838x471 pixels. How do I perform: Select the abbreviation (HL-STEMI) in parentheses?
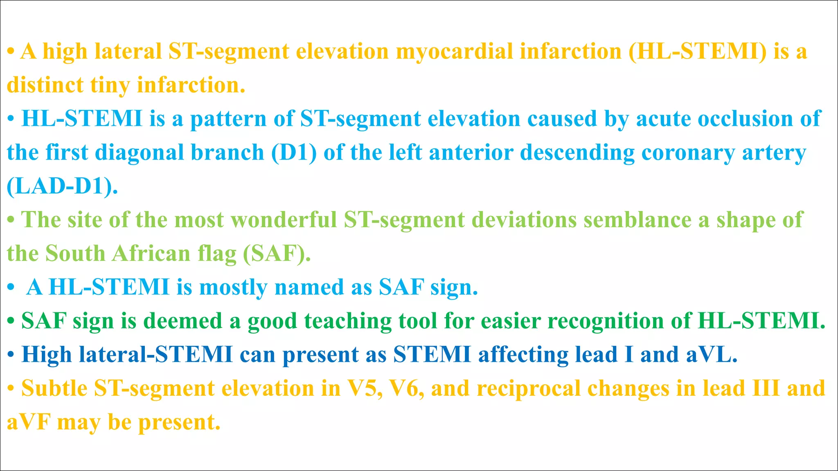697,52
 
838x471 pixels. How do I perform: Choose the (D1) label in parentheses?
294,153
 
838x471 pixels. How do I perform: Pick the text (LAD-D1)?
62,186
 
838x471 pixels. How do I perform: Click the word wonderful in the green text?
284,220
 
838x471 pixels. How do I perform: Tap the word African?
151,253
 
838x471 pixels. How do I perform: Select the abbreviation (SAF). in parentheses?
277,253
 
